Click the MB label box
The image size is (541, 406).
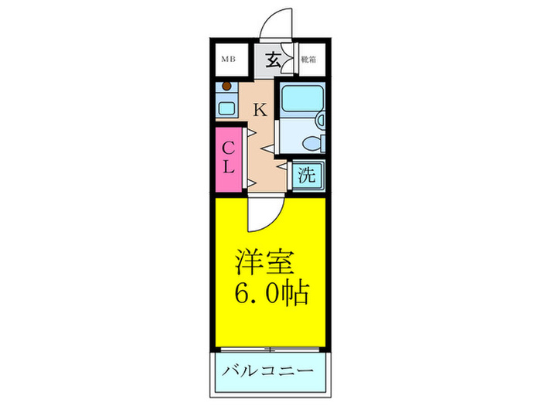click(x=229, y=59)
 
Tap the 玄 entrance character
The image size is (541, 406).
click(x=274, y=59)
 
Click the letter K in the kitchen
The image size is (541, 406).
click(x=260, y=110)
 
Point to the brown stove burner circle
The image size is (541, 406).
click(x=227, y=87)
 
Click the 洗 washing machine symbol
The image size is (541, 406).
click(x=307, y=175)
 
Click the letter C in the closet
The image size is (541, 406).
click(x=230, y=148)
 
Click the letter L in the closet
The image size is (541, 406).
click(x=230, y=166)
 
